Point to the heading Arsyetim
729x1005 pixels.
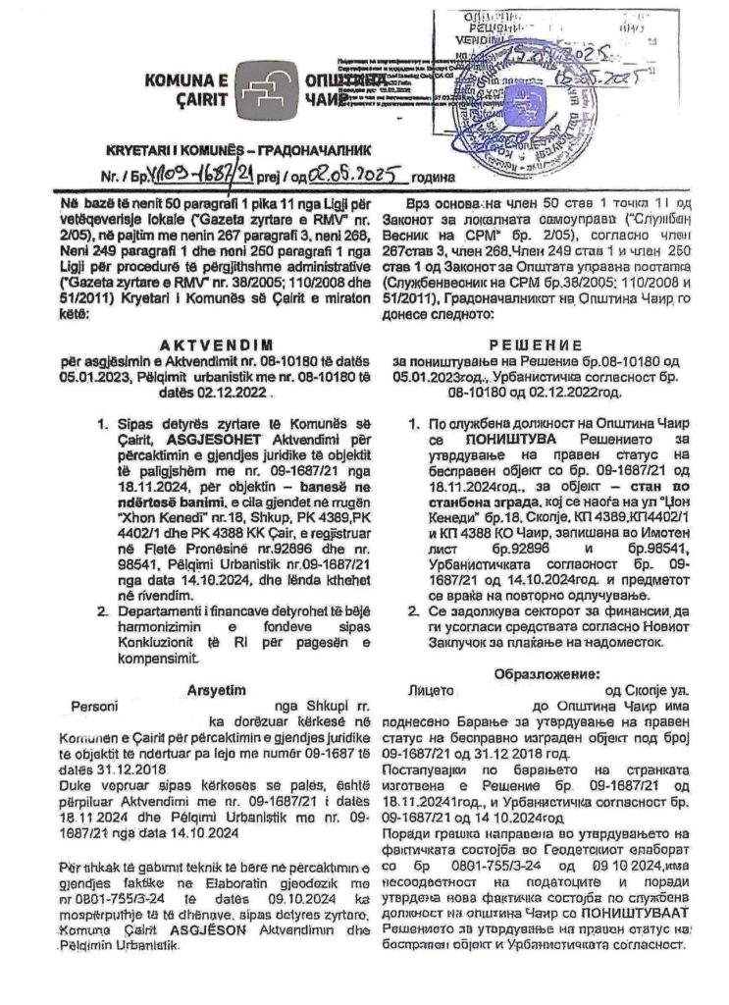[x=222, y=691]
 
